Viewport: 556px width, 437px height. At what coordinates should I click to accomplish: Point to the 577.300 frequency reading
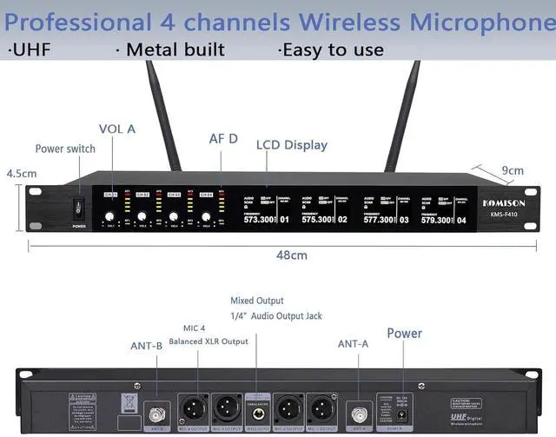click(378, 220)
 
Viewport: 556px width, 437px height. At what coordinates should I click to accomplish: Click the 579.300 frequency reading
click(437, 220)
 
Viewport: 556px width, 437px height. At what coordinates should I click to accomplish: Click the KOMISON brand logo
click(505, 202)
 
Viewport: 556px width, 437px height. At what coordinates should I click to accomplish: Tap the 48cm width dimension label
click(291, 255)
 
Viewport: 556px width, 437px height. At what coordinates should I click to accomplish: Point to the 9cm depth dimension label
click(512, 170)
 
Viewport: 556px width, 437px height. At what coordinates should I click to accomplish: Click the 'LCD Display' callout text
click(291, 144)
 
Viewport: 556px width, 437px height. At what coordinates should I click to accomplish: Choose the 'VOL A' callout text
click(117, 129)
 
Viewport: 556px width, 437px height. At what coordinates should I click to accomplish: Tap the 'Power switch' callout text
click(65, 149)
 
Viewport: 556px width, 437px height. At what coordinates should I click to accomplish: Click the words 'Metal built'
click(170, 50)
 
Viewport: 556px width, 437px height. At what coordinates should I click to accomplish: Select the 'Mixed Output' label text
click(256, 301)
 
